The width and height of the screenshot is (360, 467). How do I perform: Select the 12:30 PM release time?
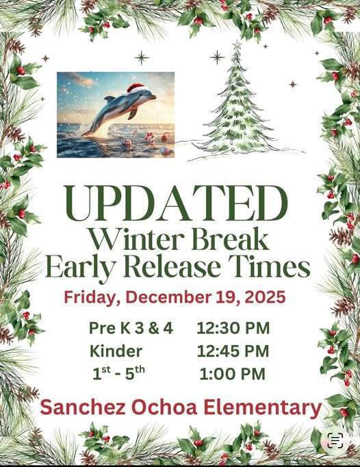click(233, 328)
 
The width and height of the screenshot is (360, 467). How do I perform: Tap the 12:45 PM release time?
click(233, 351)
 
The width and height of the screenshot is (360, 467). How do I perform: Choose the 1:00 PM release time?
click(232, 374)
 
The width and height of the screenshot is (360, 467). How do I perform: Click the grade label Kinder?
click(116, 351)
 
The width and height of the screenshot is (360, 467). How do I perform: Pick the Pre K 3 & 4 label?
click(131, 328)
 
